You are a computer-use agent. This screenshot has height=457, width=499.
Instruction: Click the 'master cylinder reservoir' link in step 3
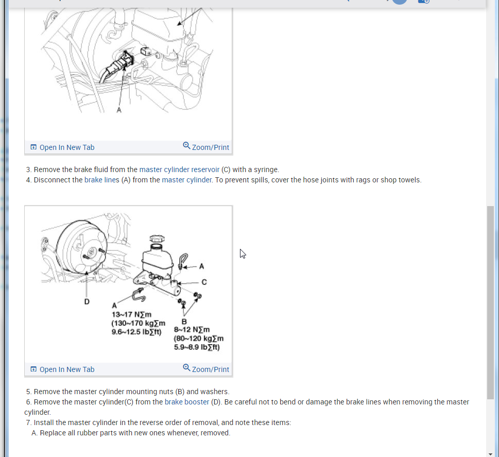coord(179,170)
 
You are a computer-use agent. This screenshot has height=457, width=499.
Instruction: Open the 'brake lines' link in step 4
coord(102,180)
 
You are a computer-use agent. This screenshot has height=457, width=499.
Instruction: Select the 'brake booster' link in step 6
coord(187,402)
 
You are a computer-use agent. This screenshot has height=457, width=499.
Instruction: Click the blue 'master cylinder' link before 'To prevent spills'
coord(187,180)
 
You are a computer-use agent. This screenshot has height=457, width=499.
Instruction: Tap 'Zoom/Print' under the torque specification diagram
coord(206,369)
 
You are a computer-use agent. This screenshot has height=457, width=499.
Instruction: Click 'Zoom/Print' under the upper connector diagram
coord(206,147)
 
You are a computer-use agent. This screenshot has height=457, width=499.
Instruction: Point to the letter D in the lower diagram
coord(87,301)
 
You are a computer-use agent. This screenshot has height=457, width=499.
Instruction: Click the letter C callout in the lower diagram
coord(204,282)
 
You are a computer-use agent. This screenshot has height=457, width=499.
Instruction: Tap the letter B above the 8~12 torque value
coord(184,321)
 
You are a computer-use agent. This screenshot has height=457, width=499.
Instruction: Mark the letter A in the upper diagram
coord(119,110)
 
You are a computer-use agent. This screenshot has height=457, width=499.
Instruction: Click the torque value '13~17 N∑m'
coord(131,315)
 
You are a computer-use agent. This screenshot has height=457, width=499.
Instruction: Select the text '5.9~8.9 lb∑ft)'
coord(197,347)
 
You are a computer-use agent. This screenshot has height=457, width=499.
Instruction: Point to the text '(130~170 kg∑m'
coord(139,323)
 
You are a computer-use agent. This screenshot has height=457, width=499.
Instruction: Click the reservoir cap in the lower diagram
coord(157,239)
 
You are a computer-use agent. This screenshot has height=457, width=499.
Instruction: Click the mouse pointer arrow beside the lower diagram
coord(243,253)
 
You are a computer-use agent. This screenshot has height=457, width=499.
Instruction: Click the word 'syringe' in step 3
coord(266,170)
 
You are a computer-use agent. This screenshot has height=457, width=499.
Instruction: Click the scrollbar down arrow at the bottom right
coord(490,454)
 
